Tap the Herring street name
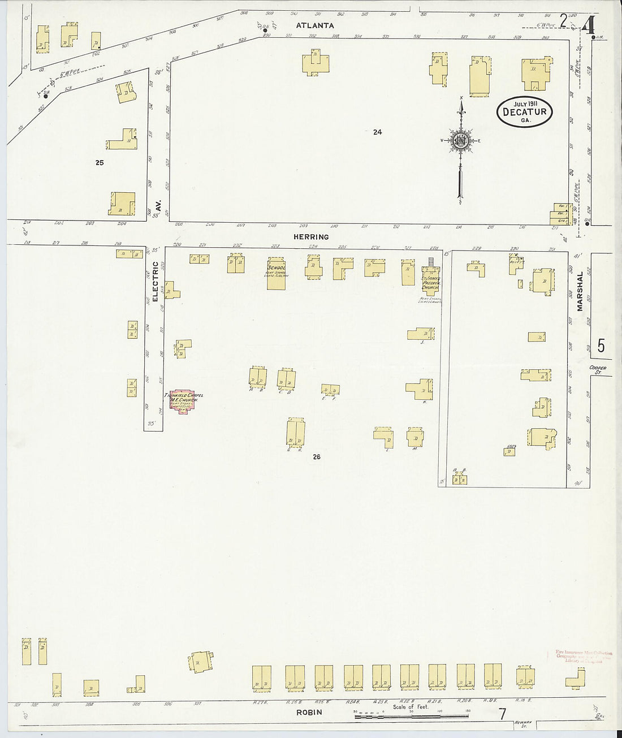pyautogui.click(x=312, y=237)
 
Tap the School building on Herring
pyautogui.click(x=277, y=275)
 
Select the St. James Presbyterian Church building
pyautogui.click(x=430, y=279)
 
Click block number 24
pyautogui.click(x=378, y=132)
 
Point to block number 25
pyautogui.click(x=100, y=163)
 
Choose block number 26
pyautogui.click(x=316, y=457)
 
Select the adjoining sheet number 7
pyautogui.click(x=502, y=714)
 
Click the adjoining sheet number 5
pyautogui.click(x=601, y=344)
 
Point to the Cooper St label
pyautogui.click(x=597, y=370)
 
